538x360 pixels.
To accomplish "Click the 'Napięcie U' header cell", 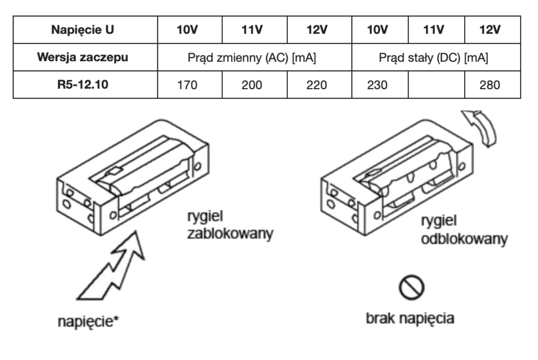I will (83, 30).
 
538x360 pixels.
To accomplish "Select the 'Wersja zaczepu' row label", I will (83, 57).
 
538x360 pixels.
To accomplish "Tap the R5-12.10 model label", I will (83, 84).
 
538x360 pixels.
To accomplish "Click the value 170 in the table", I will (187, 85).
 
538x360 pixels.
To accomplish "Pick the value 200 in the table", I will (252, 85).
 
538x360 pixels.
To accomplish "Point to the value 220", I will (316, 85).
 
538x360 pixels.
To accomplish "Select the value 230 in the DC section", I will (377, 85).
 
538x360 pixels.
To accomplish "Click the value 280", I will (490, 85).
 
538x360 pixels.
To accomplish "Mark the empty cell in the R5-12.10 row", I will (436, 85).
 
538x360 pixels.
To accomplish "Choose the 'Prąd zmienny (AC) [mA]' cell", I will (252, 58).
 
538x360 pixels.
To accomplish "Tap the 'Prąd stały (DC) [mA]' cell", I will (433, 58).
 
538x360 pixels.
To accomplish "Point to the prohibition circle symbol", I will (412, 288).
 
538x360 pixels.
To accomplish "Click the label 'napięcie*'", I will (88, 321).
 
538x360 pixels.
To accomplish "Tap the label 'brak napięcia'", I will (410, 318).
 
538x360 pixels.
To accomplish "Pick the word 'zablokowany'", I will (230, 233).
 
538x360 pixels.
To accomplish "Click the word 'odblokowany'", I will (464, 239).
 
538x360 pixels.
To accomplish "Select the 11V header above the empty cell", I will (433, 30).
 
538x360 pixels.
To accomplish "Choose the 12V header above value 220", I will (316, 30).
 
